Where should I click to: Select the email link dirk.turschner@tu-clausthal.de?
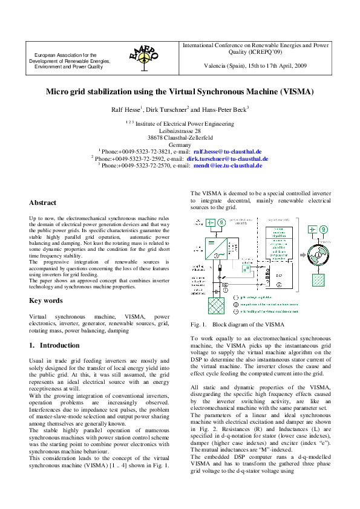pyautogui.click(x=227, y=158)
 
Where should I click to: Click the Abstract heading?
pyautogui.click(x=43, y=203)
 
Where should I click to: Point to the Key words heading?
pyautogui.click(x=46, y=300)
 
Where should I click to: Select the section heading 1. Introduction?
pyautogui.click(x=54, y=345)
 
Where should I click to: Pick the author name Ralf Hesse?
pyautogui.click(x=125, y=109)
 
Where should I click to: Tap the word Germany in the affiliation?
pyautogui.click(x=180, y=144)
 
